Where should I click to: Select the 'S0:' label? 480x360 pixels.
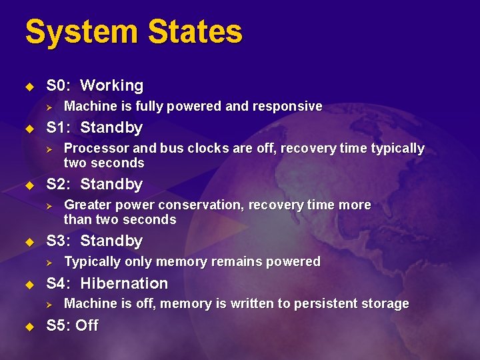(59, 85)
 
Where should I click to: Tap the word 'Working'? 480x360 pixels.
(111, 85)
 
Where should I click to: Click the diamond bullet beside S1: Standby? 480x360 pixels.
(29, 128)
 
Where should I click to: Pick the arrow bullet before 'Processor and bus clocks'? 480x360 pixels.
(48, 149)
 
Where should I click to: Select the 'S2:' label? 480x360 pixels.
(59, 184)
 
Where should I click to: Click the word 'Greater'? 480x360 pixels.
(87, 205)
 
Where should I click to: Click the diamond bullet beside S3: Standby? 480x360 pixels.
(29, 241)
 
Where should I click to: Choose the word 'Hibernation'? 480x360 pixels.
(124, 283)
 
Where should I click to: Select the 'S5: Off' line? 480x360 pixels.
(72, 326)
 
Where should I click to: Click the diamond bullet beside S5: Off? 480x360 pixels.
(29, 327)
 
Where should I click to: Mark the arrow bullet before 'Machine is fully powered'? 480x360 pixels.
(48, 107)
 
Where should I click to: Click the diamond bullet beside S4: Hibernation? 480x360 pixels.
(29, 284)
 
